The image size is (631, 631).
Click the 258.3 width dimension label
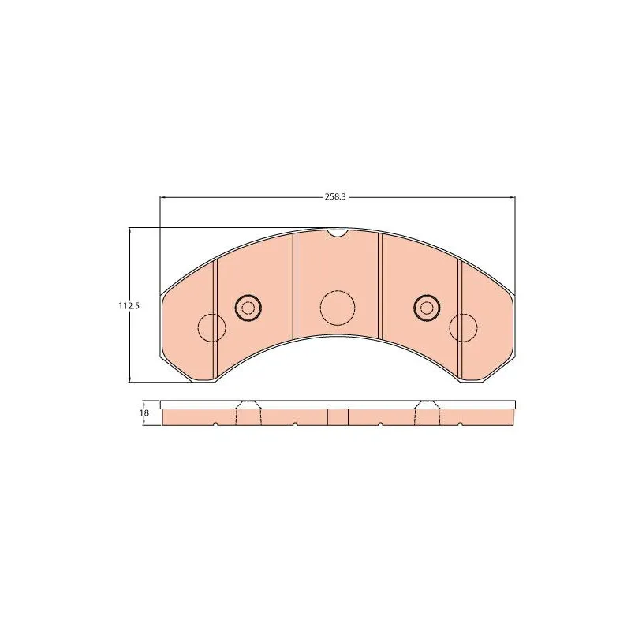tap(335, 196)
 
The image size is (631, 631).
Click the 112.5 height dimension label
tap(129, 306)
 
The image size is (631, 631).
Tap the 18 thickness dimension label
tap(144, 413)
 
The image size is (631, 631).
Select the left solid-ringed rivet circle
tap(248, 308)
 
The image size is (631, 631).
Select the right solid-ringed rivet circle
tap(427, 308)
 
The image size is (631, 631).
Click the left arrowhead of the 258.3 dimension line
tap(163, 197)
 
